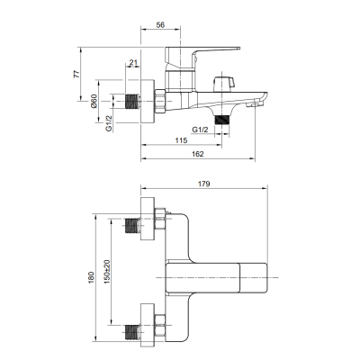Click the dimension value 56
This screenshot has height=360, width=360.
(x=160, y=25)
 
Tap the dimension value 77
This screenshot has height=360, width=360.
(x=77, y=74)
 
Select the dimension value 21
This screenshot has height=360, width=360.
(x=133, y=62)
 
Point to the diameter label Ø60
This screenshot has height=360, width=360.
(x=94, y=101)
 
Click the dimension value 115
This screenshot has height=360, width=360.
(x=181, y=140)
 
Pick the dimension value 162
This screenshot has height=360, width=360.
(x=198, y=154)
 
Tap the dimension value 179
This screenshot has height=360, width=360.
(x=204, y=184)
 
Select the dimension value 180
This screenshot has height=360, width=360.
(x=91, y=277)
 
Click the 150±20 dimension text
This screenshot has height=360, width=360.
(x=107, y=272)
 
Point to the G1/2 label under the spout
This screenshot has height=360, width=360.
(x=200, y=130)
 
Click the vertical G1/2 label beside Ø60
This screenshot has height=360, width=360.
(x=109, y=123)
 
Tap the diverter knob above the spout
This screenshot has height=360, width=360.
(x=222, y=83)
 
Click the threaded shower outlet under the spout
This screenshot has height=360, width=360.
(x=222, y=120)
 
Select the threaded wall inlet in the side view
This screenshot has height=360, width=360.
(x=132, y=102)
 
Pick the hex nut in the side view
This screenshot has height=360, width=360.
(x=160, y=101)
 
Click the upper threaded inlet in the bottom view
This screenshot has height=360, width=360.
(x=132, y=226)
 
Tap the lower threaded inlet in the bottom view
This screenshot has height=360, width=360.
(x=132, y=332)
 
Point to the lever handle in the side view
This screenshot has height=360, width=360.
(x=202, y=57)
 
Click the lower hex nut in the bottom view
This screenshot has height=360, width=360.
(x=159, y=325)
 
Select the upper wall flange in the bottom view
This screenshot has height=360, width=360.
(x=148, y=219)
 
